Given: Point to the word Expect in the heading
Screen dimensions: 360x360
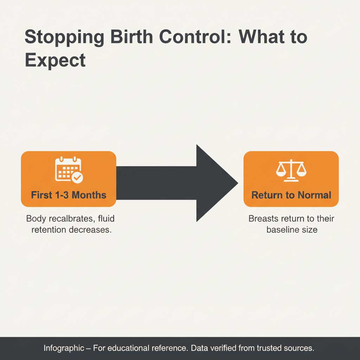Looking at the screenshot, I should (55, 60).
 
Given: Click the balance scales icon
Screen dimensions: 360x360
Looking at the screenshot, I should (291, 171).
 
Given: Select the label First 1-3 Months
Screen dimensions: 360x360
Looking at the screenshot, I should (69, 195).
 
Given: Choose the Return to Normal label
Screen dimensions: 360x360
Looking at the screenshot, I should (291, 195).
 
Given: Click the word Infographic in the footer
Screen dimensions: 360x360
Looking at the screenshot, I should (64, 348).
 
